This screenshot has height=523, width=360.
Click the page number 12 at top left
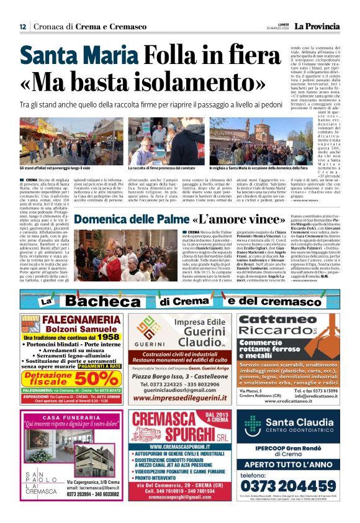click(x=22, y=26)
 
